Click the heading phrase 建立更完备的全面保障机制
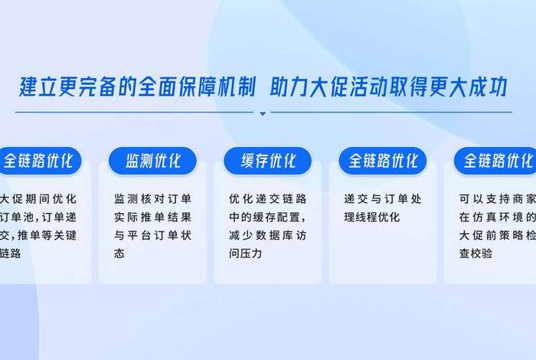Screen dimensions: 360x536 (x=138, y=87)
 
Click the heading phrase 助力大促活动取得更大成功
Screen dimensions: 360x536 (x=389, y=87)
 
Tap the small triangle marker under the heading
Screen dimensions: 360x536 (x=263, y=113)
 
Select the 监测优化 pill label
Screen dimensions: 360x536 (x=153, y=161)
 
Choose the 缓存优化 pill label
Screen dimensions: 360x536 (x=267, y=161)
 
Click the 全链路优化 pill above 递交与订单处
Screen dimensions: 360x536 (x=383, y=161)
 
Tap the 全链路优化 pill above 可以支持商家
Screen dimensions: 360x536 (x=495, y=161)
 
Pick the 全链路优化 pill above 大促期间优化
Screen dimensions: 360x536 (x=38, y=161)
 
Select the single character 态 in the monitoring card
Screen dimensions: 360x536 (x=119, y=253)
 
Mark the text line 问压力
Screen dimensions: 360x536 (x=246, y=253)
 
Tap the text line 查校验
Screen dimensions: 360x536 (x=476, y=253)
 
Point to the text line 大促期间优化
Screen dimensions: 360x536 (x=31, y=198)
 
